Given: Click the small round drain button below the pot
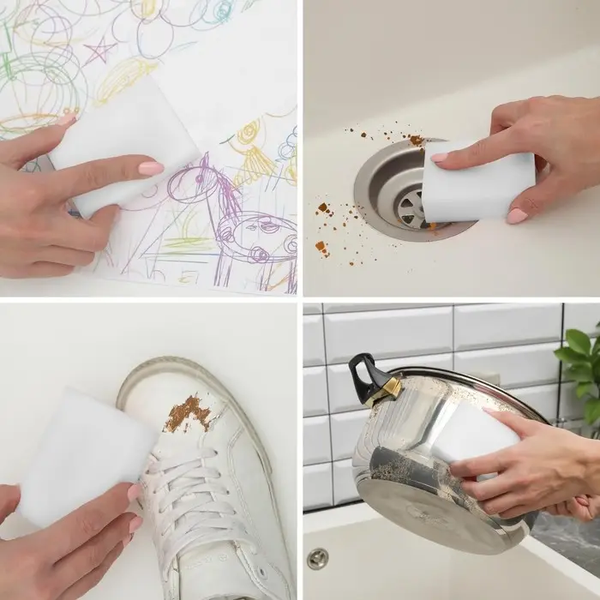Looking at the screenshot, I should click(x=317, y=558).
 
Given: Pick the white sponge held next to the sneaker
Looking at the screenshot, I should click(x=81, y=453).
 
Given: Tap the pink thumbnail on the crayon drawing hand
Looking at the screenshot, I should click(x=151, y=168).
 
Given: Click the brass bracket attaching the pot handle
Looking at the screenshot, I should click(x=383, y=391).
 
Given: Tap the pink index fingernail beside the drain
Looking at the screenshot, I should click(x=440, y=158).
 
